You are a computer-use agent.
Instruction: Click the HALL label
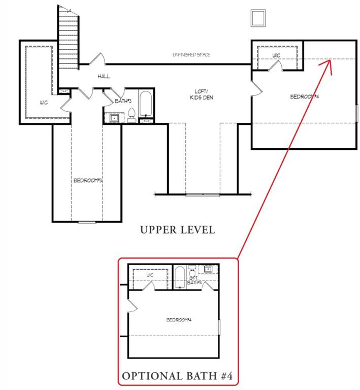coord(104,76)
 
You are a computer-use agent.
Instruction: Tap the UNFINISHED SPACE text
coord(191,55)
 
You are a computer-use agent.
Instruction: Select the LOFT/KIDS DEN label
coord(202,94)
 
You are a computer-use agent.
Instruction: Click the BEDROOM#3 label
coord(88,180)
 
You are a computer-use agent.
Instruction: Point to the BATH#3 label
coord(123,101)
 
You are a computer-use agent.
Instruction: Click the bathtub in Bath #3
coord(145,104)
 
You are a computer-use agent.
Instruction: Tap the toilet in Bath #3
coord(132,116)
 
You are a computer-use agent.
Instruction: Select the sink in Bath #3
coord(114,118)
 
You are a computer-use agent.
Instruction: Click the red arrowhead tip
coord(330,60)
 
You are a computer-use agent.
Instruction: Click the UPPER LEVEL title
coord(178,230)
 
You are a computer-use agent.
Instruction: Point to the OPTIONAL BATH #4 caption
coord(177,376)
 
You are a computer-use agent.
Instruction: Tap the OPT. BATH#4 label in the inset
coord(194,280)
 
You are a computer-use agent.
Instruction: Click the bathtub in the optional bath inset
coord(180,278)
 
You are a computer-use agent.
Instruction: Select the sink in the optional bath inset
coord(208,269)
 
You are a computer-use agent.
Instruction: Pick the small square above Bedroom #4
coord(258,18)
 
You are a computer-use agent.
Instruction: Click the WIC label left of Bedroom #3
coord(44,103)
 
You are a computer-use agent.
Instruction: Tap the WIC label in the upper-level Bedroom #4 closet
coord(276,55)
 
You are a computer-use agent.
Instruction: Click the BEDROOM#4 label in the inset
coord(179,320)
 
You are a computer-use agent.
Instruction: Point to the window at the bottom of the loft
coord(203,195)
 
